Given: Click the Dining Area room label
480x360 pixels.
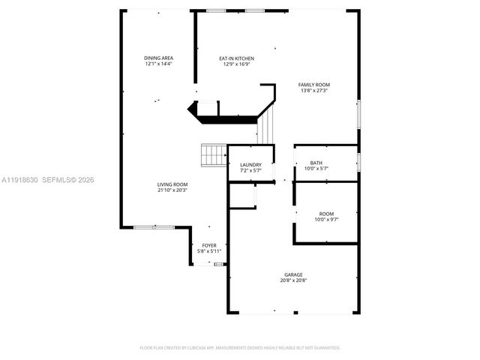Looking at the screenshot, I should pyautogui.click(x=158, y=58).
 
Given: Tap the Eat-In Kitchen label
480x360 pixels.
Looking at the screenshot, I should pyautogui.click(x=236, y=58).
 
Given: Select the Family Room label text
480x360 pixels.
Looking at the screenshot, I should pyautogui.click(x=314, y=85).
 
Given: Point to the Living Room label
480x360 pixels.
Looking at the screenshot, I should pyautogui.click(x=172, y=184).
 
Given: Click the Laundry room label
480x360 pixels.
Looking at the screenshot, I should pyautogui.click(x=250, y=165).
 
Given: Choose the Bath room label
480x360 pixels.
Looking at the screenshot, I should pyautogui.click(x=316, y=163).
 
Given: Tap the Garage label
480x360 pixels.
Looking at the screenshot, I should pyautogui.click(x=293, y=274).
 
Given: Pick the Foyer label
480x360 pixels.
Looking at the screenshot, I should pyautogui.click(x=208, y=245).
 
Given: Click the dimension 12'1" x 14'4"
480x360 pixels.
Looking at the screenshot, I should pyautogui.click(x=158, y=64).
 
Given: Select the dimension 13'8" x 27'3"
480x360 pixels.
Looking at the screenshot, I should pyautogui.click(x=314, y=91).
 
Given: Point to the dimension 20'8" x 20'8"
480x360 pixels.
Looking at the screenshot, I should pyautogui.click(x=293, y=280).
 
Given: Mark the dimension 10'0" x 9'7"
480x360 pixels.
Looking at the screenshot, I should pyautogui.click(x=326, y=219).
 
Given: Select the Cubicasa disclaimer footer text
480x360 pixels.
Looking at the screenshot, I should pyautogui.click(x=240, y=348).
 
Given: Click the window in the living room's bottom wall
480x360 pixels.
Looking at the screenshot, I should pyautogui.click(x=154, y=226).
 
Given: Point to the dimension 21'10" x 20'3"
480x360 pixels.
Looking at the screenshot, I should pyautogui.click(x=172, y=190).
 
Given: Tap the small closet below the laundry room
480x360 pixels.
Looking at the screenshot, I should pyautogui.click(x=242, y=196).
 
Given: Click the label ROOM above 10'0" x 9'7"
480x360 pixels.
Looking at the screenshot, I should pyautogui.click(x=326, y=213).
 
